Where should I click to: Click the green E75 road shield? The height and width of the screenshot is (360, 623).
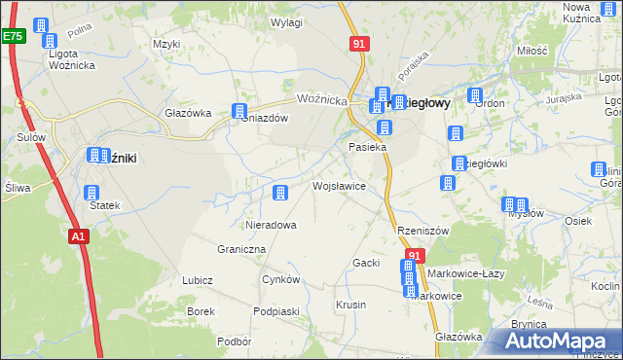click(12, 36)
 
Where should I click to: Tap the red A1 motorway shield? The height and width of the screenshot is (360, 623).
click(79, 235)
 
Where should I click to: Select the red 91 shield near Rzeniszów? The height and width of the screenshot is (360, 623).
click(415, 256)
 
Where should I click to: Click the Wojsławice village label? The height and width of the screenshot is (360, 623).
click(338, 185)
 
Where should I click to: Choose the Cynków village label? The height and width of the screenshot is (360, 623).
click(280, 279)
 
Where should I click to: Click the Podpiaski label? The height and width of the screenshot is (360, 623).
click(275, 311)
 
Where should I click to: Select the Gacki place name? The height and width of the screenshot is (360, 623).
click(365, 264)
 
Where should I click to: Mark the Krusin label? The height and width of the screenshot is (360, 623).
click(350, 305)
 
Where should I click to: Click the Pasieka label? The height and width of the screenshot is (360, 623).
click(368, 147)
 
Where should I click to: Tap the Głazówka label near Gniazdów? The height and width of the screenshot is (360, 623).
click(188, 113)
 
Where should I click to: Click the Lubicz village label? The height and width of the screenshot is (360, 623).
click(197, 280)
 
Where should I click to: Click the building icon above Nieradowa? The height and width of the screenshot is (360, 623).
click(280, 194)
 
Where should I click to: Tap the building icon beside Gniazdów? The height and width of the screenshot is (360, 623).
click(239, 112)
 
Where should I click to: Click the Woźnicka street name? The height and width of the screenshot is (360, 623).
click(322, 100)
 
